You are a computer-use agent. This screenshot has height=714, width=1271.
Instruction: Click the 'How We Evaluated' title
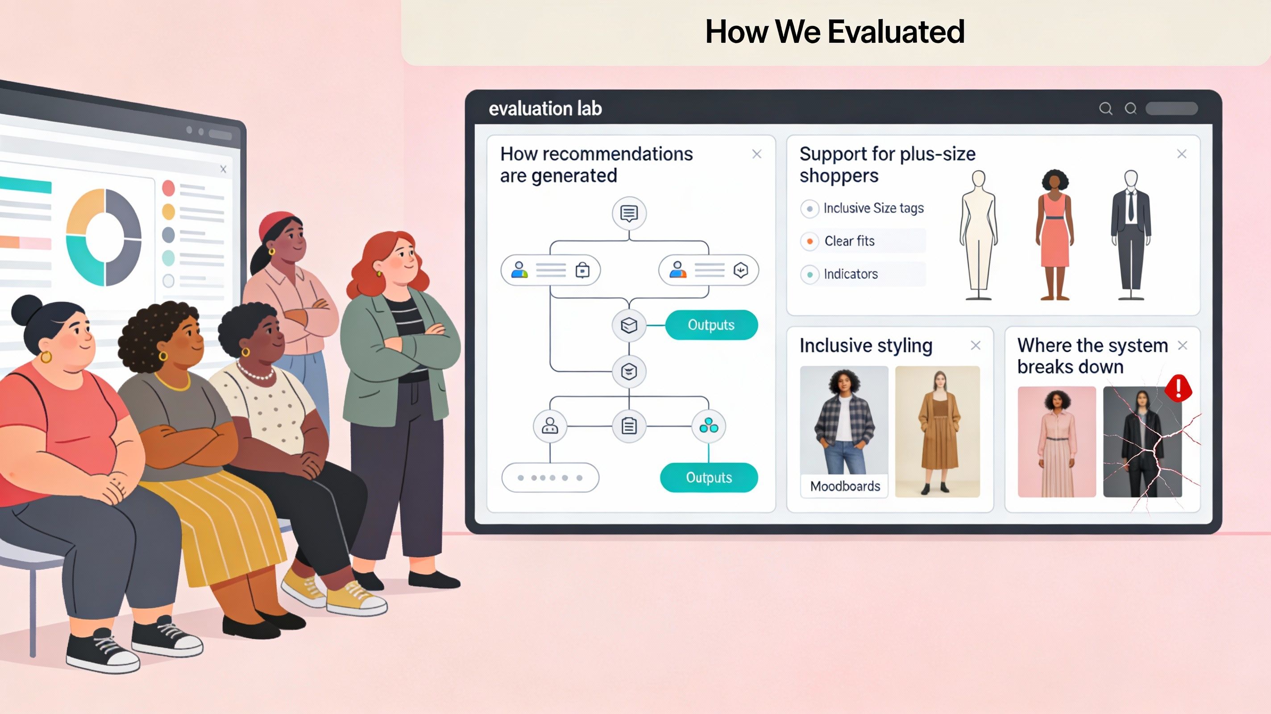pyautogui.click(x=835, y=32)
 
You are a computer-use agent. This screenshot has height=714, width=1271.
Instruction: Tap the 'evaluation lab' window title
pyautogui.click(x=545, y=108)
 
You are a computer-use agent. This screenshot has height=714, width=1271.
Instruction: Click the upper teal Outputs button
pyautogui.click(x=711, y=325)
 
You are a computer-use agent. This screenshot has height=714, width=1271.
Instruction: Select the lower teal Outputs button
pyautogui.click(x=709, y=477)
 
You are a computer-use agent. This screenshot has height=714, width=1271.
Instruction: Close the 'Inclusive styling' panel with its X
pyautogui.click(x=975, y=345)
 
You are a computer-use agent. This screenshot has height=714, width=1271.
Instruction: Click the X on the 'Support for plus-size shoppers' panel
pyautogui.click(x=1181, y=154)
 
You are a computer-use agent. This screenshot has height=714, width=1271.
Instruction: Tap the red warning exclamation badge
pyautogui.click(x=1178, y=388)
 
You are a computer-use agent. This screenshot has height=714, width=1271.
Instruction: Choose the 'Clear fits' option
pyautogui.click(x=849, y=241)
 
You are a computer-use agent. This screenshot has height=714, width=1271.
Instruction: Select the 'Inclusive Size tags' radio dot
pyautogui.click(x=809, y=209)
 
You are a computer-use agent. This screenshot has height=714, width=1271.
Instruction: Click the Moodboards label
pyautogui.click(x=845, y=486)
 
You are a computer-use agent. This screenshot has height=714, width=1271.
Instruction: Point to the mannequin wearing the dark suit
pyautogui.click(x=1130, y=234)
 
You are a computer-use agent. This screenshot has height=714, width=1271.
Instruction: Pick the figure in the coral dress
pyautogui.click(x=1055, y=234)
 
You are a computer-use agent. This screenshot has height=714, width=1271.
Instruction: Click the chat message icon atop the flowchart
pyautogui.click(x=629, y=214)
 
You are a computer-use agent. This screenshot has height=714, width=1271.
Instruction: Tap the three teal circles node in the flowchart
pyautogui.click(x=709, y=425)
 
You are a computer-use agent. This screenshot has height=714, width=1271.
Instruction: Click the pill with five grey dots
pyautogui.click(x=550, y=477)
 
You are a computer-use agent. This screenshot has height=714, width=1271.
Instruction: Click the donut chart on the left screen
pyautogui.click(x=104, y=237)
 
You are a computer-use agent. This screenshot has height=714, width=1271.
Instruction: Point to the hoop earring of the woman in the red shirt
pyautogui.click(x=46, y=356)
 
